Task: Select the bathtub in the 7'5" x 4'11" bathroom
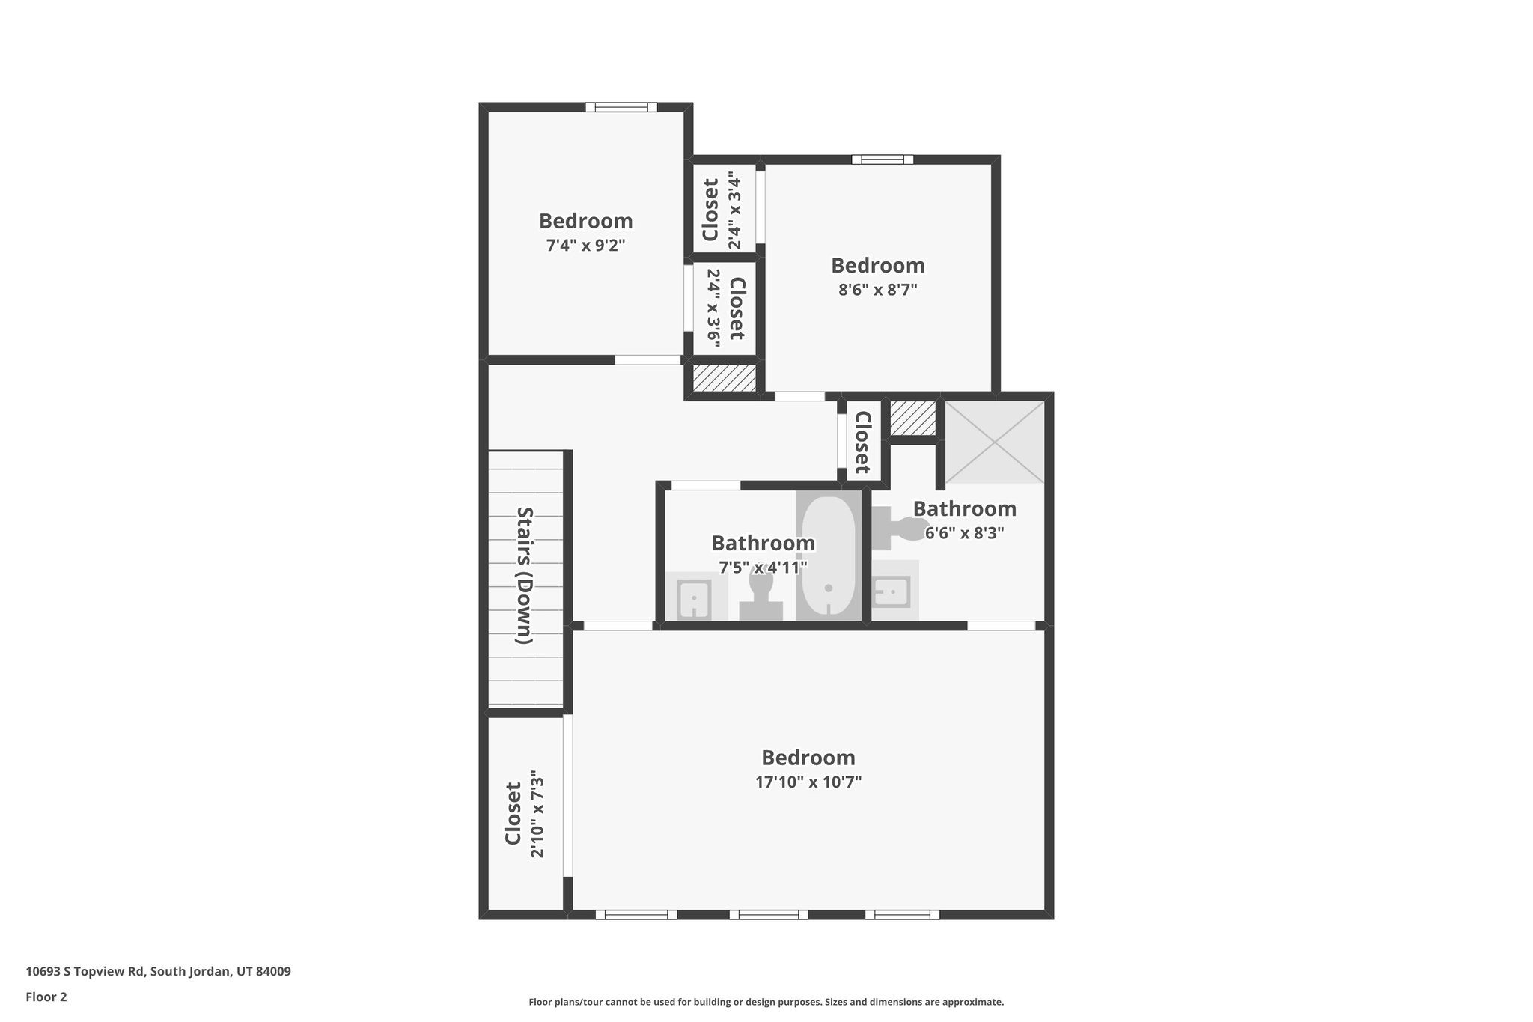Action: click(x=828, y=556)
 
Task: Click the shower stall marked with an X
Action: click(x=995, y=442)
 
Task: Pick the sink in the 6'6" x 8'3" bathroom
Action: click(x=892, y=591)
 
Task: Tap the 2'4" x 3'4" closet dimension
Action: click(x=734, y=212)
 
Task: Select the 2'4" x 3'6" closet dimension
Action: click(x=714, y=308)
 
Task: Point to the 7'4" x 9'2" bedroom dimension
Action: click(x=585, y=245)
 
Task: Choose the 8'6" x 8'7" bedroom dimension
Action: click(x=877, y=290)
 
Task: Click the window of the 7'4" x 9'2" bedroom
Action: click(x=621, y=107)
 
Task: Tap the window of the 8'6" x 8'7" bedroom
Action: click(x=883, y=159)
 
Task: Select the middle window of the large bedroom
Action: click(x=769, y=914)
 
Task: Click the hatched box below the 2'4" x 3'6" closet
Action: click(x=724, y=377)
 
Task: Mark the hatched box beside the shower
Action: click(x=913, y=418)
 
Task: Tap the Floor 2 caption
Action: click(x=46, y=997)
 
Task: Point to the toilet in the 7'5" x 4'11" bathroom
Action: click(x=761, y=596)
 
